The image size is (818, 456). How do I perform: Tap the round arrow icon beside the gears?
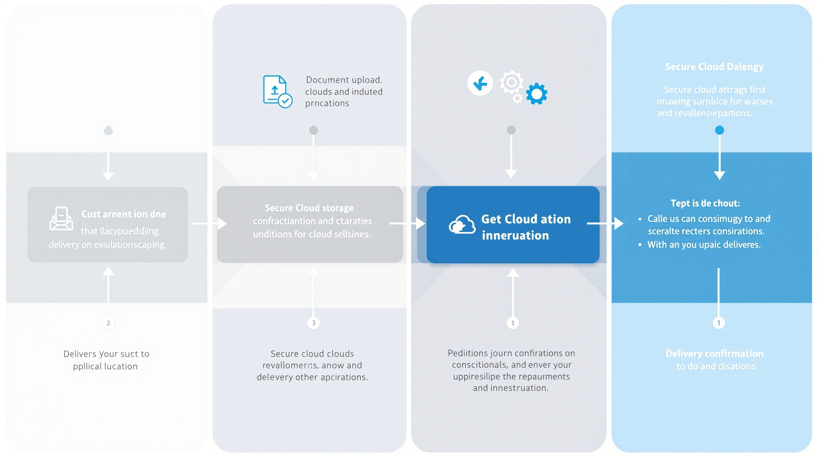[480, 83]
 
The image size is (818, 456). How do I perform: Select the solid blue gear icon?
[536, 94]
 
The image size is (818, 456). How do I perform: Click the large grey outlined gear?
[511, 83]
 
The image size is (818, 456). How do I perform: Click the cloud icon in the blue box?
[462, 224]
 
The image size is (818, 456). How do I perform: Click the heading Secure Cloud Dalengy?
[714, 66]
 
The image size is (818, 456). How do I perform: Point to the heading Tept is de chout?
[705, 203]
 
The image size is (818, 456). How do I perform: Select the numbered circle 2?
[108, 323]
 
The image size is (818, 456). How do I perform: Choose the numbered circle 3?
[313, 323]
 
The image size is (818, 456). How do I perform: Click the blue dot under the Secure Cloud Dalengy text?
[719, 130]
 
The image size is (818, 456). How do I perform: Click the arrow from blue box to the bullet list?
[605, 223]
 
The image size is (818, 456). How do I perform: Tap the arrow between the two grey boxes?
[209, 223]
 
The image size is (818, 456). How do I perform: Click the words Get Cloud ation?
[526, 219]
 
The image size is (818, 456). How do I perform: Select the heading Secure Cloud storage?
[309, 208]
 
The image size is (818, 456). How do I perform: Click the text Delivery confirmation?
[714, 353]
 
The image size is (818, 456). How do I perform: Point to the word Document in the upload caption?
[325, 80]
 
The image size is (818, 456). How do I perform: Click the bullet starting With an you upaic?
[703, 245]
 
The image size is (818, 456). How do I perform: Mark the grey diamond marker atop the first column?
[108, 130]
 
